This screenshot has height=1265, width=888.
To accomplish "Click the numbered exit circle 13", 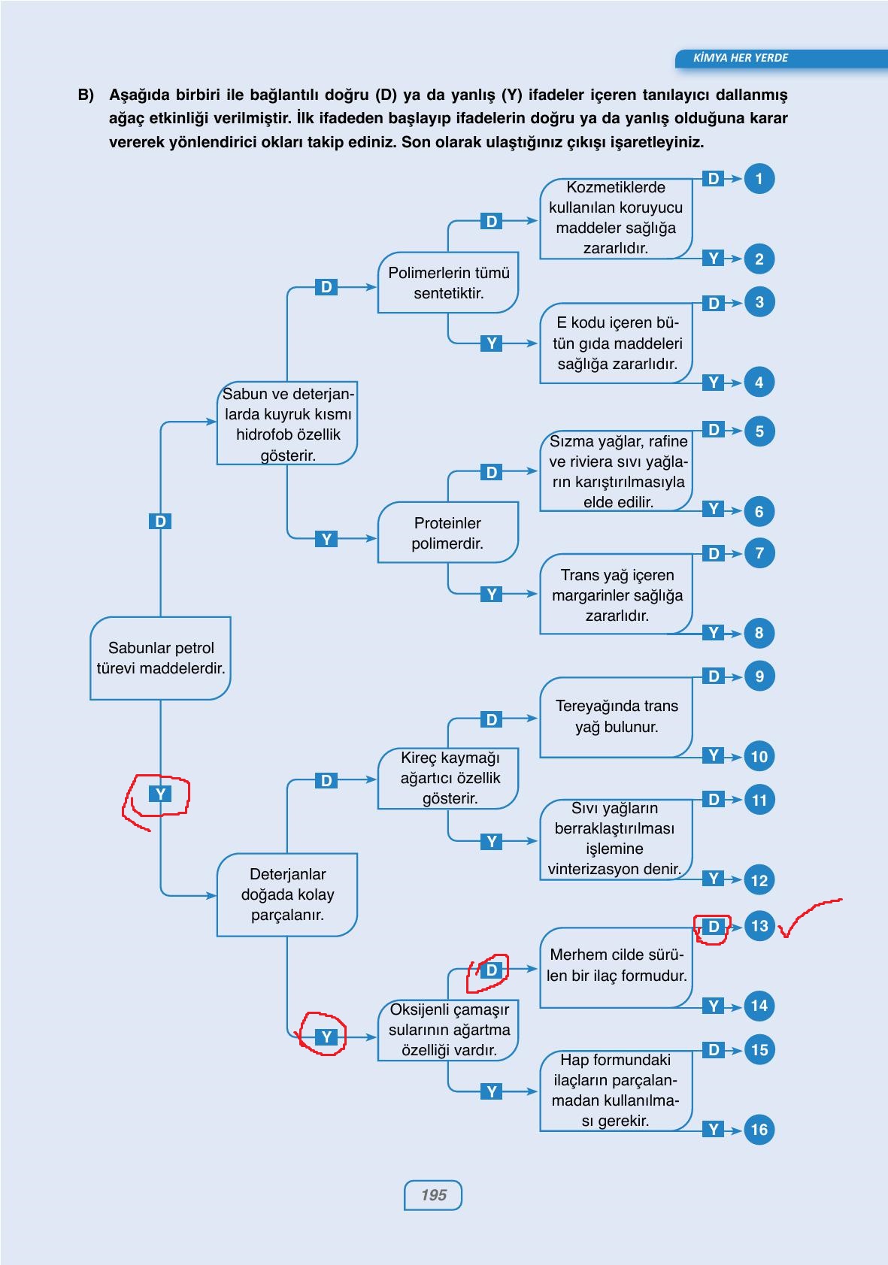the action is [x=759, y=925].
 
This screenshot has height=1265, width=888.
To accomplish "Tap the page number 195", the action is [x=433, y=1194].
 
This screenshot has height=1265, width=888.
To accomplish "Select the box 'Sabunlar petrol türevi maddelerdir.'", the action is [x=160, y=658].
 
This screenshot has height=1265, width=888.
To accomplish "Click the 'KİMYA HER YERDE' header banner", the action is [x=781, y=58].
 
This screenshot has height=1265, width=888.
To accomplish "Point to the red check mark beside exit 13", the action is [x=810, y=917].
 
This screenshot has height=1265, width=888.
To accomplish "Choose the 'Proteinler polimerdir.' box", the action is [x=448, y=532].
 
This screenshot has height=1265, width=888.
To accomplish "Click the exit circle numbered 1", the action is [x=759, y=179].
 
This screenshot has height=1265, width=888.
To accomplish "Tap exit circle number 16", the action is [x=759, y=1130].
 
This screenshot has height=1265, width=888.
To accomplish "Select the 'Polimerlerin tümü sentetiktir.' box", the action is [x=448, y=283].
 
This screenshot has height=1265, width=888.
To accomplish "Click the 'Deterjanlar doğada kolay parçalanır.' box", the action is [x=287, y=894].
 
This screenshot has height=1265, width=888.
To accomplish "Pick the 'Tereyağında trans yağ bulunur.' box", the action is [x=617, y=716].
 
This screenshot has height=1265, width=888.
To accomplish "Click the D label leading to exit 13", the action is [x=714, y=926].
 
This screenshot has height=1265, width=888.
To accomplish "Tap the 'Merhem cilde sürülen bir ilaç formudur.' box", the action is [x=617, y=967].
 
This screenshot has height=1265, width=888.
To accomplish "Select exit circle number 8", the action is [x=759, y=633].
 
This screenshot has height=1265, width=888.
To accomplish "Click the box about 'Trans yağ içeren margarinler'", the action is [x=617, y=594].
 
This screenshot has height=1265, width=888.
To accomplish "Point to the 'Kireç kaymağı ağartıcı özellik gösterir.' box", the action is [x=448, y=778].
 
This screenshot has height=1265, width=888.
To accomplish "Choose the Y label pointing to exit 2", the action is [x=714, y=258].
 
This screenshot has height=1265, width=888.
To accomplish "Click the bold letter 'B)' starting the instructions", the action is [x=86, y=95].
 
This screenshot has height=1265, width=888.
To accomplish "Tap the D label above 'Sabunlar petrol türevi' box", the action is [x=160, y=521].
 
